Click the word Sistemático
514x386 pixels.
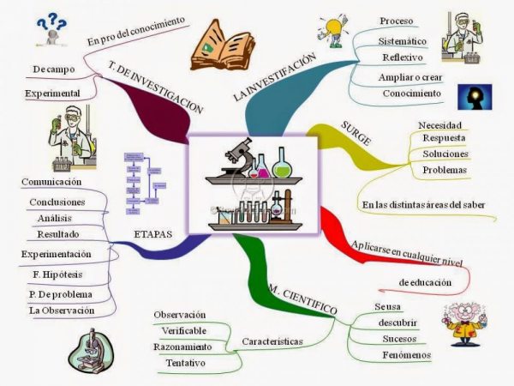(402, 40)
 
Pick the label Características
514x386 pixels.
(272, 341)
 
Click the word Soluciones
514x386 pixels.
(445, 154)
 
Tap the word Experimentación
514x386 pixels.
(57, 255)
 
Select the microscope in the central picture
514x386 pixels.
(240, 156)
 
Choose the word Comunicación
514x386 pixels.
(51, 182)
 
